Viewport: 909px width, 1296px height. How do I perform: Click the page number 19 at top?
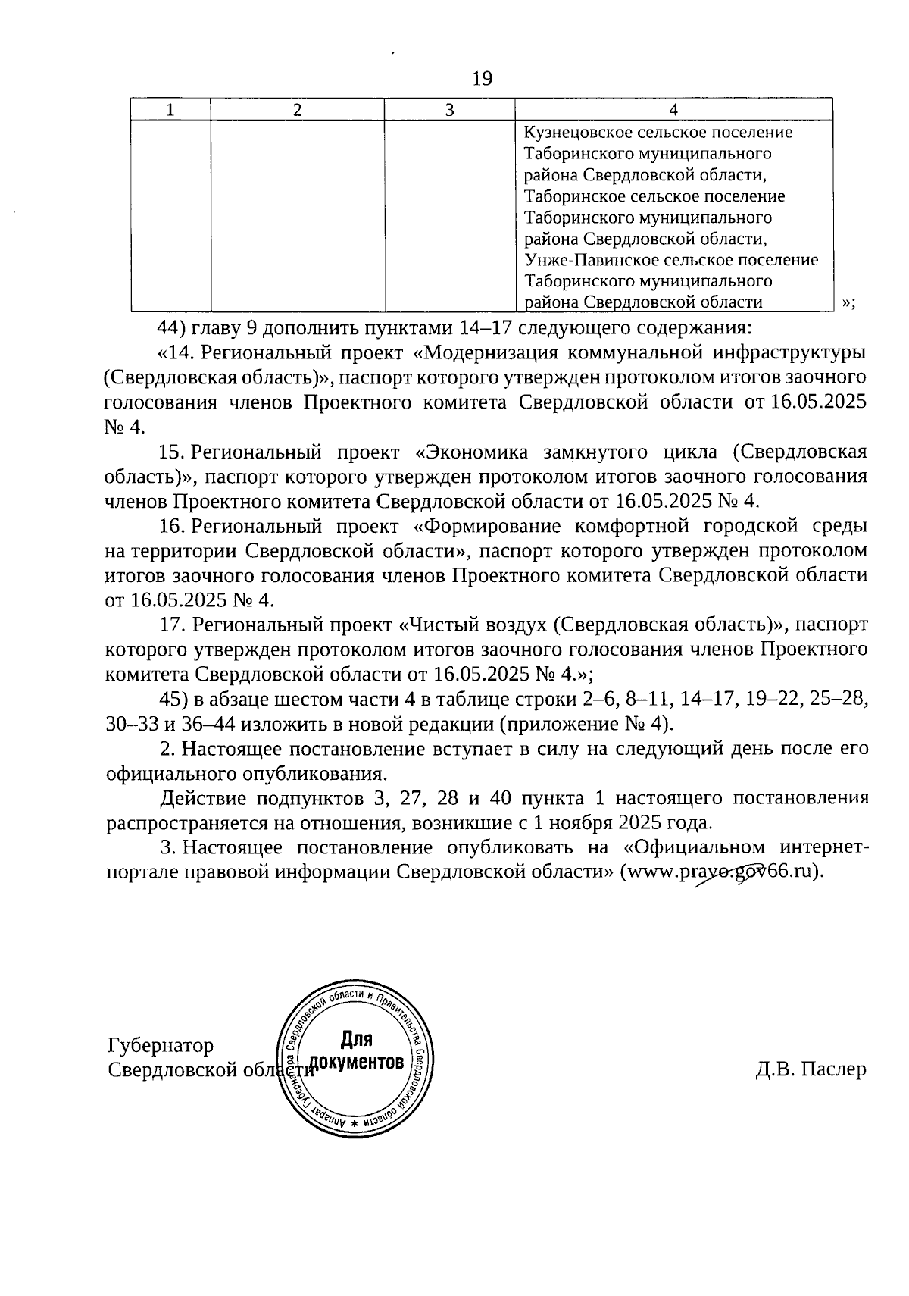coord(482,78)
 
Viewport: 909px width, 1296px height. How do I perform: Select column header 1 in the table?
coord(170,110)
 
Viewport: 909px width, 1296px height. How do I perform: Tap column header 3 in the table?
coord(449,110)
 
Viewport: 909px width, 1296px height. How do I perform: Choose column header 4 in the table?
coord(673,110)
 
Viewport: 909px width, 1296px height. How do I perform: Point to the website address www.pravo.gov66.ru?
coord(719,871)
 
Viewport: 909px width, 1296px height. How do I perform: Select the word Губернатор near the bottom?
coord(161,1046)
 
